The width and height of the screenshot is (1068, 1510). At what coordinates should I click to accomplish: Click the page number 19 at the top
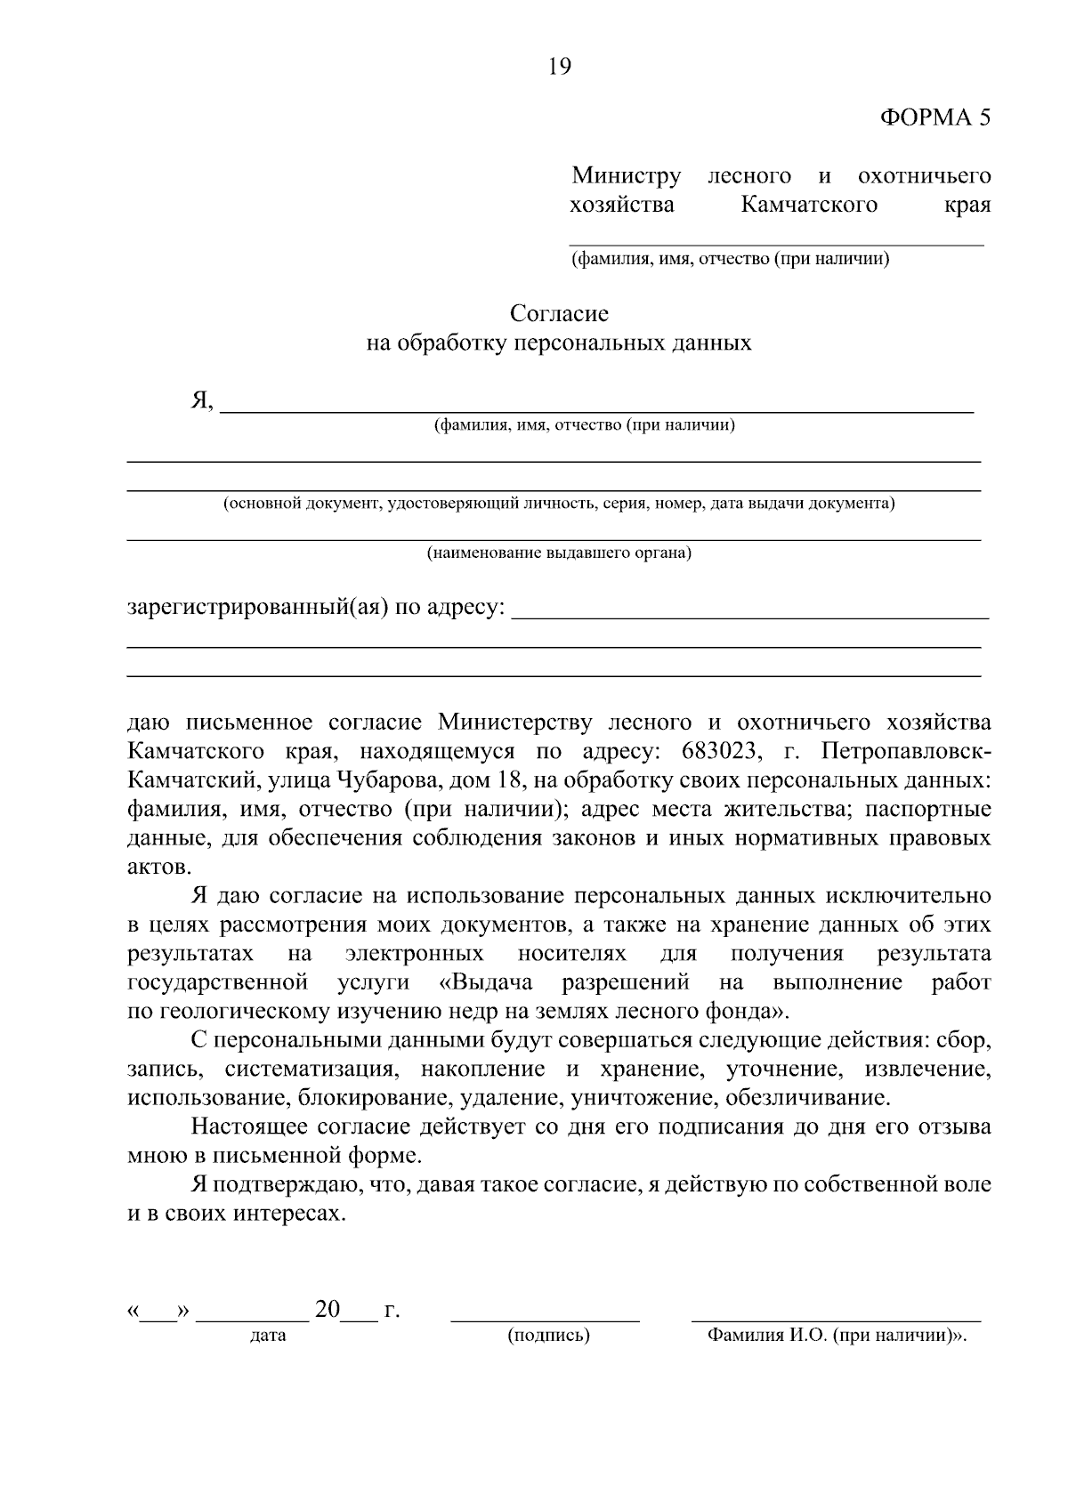pyautogui.click(x=560, y=67)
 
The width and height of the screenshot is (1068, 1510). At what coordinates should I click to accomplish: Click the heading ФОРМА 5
pyautogui.click(x=934, y=118)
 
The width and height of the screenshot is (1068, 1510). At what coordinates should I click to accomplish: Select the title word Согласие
pyautogui.click(x=559, y=313)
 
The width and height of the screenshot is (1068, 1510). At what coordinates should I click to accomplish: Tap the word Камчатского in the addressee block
pyautogui.click(x=808, y=205)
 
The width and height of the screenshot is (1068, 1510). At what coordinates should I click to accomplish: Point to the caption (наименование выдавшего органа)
pyautogui.click(x=559, y=553)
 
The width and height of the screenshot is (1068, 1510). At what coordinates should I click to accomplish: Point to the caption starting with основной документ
pyautogui.click(x=559, y=504)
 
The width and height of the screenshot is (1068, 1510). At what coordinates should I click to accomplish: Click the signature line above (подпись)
pyautogui.click(x=545, y=1320)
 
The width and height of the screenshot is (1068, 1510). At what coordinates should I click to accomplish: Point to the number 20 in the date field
pyautogui.click(x=328, y=1309)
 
